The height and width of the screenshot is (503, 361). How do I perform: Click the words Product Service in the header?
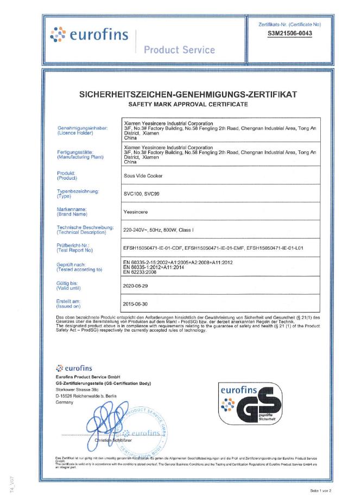point(180,50)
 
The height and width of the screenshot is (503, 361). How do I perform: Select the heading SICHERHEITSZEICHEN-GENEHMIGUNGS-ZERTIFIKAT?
point(188,94)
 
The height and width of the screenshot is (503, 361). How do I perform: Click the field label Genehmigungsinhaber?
point(82,128)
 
